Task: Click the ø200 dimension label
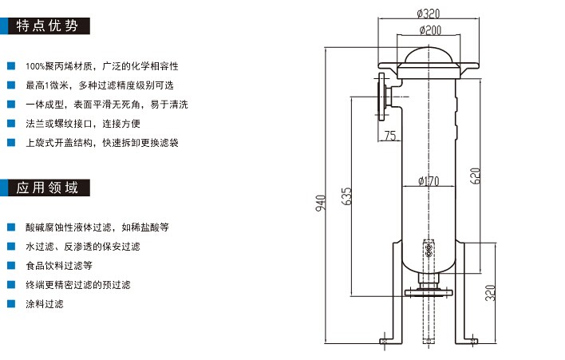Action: pos(430,30)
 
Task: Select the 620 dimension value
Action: pos(476,176)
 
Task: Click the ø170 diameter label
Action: pos(429,181)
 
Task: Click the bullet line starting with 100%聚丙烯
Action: pos(102,65)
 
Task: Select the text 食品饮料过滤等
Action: pos(59,265)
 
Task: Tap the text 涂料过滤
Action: pos(45,303)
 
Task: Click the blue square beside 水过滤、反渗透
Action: pos(10,246)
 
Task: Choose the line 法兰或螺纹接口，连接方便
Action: pos(83,124)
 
